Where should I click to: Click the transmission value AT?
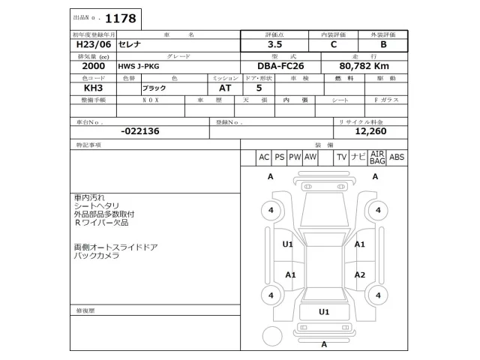(x=214, y=88)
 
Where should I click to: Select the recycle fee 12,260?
(x=370, y=130)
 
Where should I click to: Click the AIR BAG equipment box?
(x=377, y=157)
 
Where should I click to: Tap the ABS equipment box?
(x=397, y=157)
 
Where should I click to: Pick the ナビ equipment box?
(x=358, y=157)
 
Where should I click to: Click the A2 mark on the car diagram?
(x=360, y=274)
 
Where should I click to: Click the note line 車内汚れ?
(x=88, y=196)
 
